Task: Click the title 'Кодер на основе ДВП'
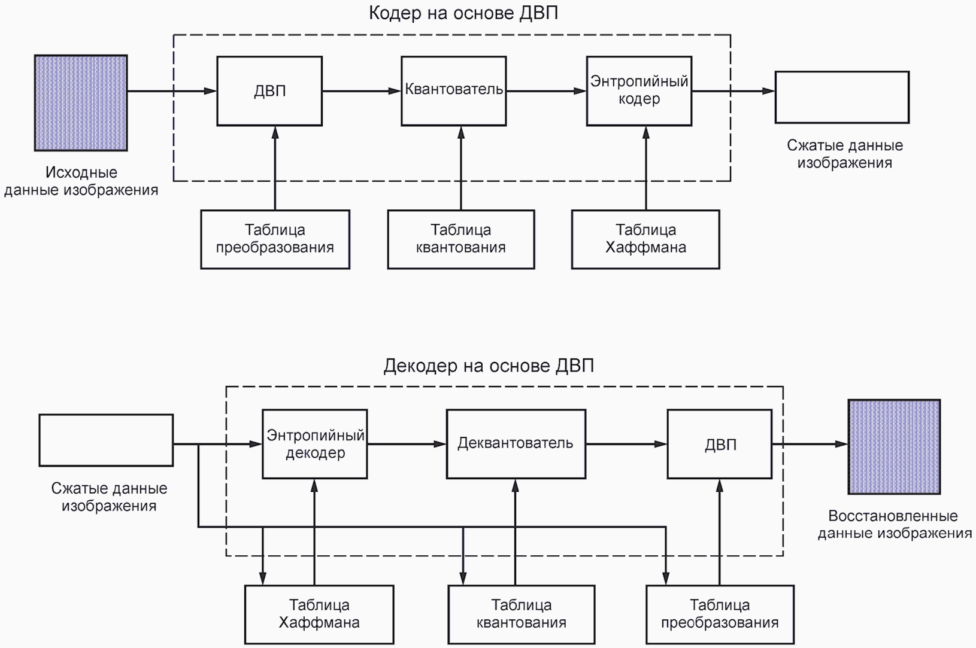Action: [x=463, y=13]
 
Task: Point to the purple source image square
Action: [x=81, y=103]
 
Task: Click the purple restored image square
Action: [x=894, y=447]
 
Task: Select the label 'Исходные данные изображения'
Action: [x=81, y=181]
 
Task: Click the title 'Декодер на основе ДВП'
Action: [x=489, y=366]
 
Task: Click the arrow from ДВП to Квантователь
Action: [x=362, y=91]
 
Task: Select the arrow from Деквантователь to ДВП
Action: [x=626, y=444]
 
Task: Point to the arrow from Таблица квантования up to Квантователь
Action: [x=461, y=168]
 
